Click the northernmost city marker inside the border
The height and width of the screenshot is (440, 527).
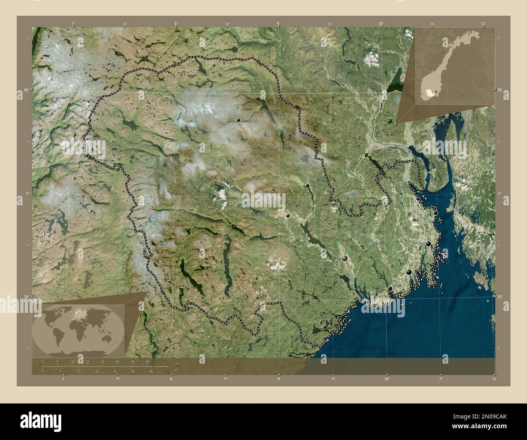pyautogui.click(x=239, y=120)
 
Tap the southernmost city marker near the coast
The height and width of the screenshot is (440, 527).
pyautogui.click(x=325, y=327)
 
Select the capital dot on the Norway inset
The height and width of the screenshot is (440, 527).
pyautogui.click(x=435, y=91)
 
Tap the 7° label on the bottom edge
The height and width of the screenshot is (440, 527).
pyautogui.click(x=63, y=379)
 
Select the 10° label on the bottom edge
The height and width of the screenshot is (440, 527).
pyautogui.click(x=387, y=379)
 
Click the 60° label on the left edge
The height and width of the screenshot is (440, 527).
pyautogui.click(x=26, y=90)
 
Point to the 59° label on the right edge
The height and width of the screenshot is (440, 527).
pyautogui.click(x=501, y=297)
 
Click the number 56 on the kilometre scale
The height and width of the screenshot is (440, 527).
pyautogui.click(x=147, y=361)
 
